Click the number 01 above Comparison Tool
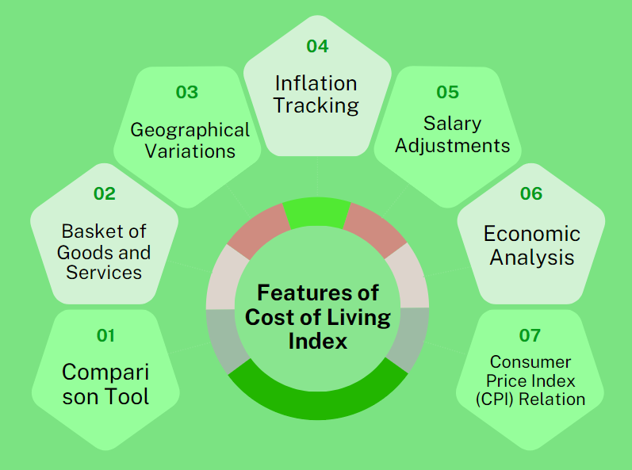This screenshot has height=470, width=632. [x=105, y=335]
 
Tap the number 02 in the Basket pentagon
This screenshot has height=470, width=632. [x=105, y=193]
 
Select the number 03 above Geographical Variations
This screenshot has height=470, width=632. [x=187, y=92]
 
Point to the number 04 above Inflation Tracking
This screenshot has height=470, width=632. [x=318, y=46]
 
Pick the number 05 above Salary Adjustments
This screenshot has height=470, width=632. [x=448, y=92]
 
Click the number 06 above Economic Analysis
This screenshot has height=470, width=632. [x=531, y=193]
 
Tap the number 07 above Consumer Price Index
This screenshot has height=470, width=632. [x=530, y=335]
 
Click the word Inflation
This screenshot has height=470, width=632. [x=316, y=84]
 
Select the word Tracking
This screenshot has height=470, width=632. [x=316, y=106]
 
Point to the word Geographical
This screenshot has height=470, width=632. [x=190, y=131]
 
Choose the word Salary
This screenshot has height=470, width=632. [x=452, y=124]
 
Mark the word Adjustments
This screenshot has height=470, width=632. [x=452, y=145]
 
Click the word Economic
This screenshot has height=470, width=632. [x=532, y=234]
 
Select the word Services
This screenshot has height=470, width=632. [x=104, y=273]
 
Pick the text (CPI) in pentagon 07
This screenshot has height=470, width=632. [x=496, y=399]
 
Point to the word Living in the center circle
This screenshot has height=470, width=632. [x=358, y=317]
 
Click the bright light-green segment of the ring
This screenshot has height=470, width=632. [x=317, y=212]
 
